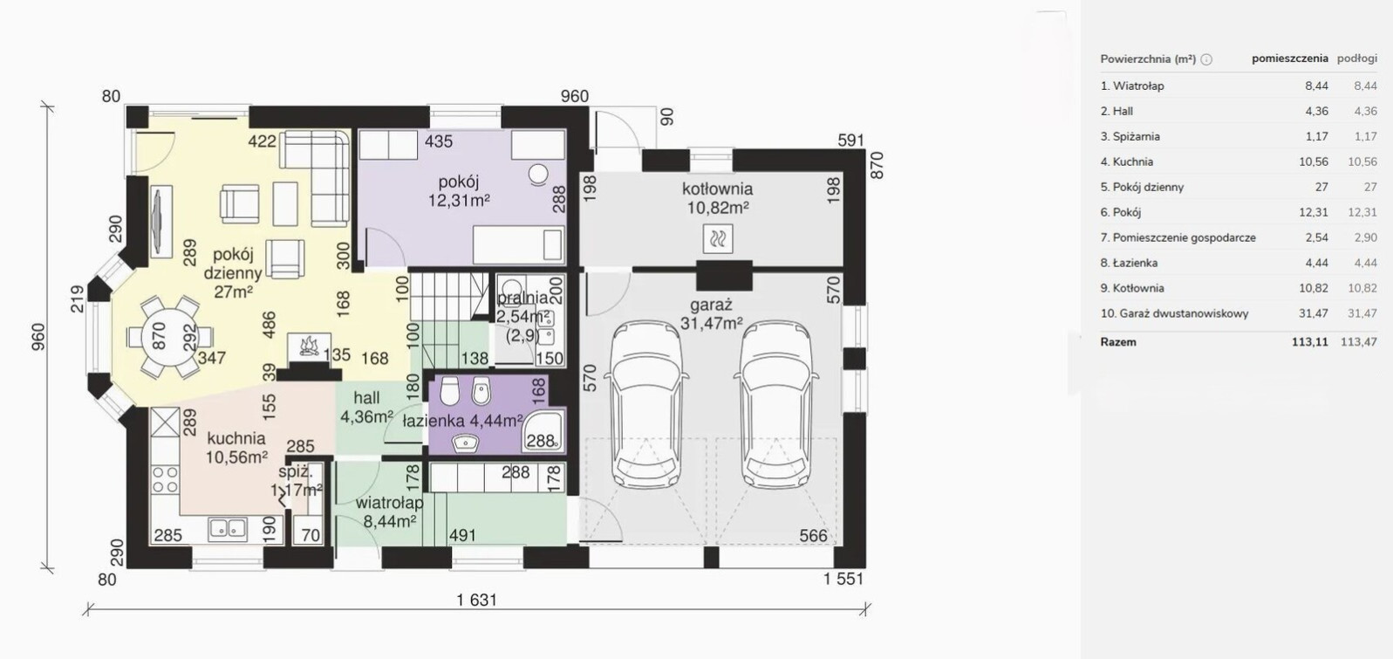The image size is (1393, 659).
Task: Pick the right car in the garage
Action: click(x=776, y=403)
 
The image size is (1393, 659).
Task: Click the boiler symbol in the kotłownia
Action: click(x=718, y=239)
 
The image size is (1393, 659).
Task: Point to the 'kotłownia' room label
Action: click(x=717, y=189)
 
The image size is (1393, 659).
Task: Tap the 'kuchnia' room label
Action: click(x=236, y=438)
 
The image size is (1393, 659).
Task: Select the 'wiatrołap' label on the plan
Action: click(x=389, y=502)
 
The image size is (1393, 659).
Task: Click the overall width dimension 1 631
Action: click(x=477, y=600)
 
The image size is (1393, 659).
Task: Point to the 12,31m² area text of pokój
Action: click(x=459, y=201)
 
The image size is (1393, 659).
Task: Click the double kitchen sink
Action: click(x=228, y=529)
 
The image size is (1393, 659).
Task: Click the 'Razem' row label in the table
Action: click(x=1118, y=341)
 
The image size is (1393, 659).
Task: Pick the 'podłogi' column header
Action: click(x=1357, y=58)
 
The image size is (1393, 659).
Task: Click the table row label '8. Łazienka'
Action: click(x=1129, y=263)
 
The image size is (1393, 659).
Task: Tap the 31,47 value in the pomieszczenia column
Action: click(x=1313, y=313)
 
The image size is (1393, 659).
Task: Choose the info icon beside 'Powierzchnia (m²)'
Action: click(x=1205, y=59)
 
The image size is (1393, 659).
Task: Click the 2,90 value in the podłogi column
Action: click(x=1366, y=237)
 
